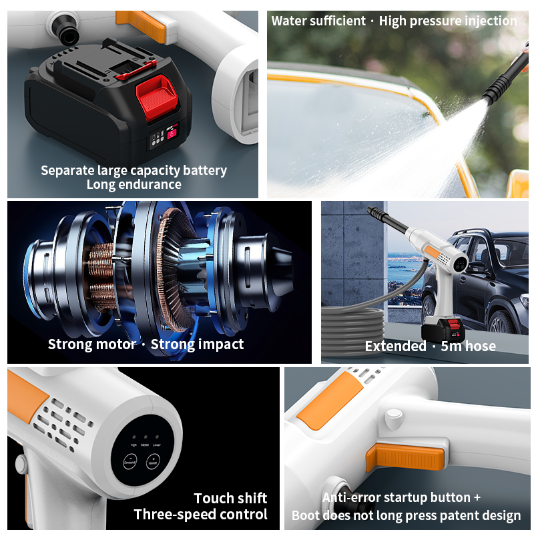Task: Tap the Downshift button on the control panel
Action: [130, 462]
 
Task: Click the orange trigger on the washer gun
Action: [405, 459]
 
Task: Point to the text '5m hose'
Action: [468, 346]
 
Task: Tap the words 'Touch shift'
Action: [230, 498]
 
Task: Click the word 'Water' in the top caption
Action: [290, 21]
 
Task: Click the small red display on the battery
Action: [172, 133]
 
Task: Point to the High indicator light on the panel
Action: [133, 437]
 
